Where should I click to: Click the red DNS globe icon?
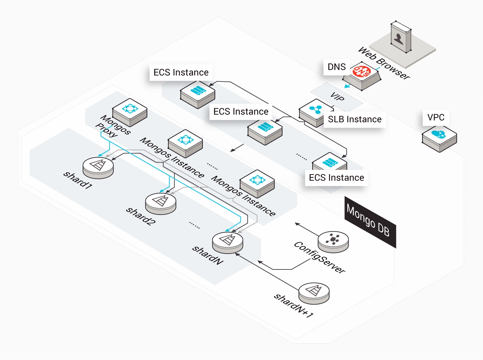click(362, 71)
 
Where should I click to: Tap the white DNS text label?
click(336, 67)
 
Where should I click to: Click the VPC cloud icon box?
click(439, 139)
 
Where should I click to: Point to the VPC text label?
click(436, 117)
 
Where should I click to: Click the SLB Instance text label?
click(355, 119)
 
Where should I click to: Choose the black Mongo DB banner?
click(370, 222)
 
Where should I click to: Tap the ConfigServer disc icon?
click(333, 242)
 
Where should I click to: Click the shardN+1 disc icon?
click(314, 293)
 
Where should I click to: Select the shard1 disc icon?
click(98, 168)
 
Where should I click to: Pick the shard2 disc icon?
click(161, 204)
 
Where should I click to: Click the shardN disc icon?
click(227, 243)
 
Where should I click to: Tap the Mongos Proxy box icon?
click(130, 112)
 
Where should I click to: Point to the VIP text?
click(337, 97)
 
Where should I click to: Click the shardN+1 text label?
click(293, 306)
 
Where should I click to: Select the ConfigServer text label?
click(320, 257)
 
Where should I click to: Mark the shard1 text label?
click(78, 180)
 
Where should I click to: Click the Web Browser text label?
click(384, 63)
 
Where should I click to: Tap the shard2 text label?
click(141, 216)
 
